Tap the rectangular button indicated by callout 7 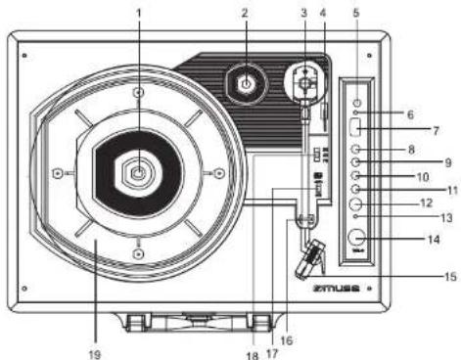click(x=358, y=128)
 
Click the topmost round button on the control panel click(x=358, y=104)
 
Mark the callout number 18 click(x=253, y=354)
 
